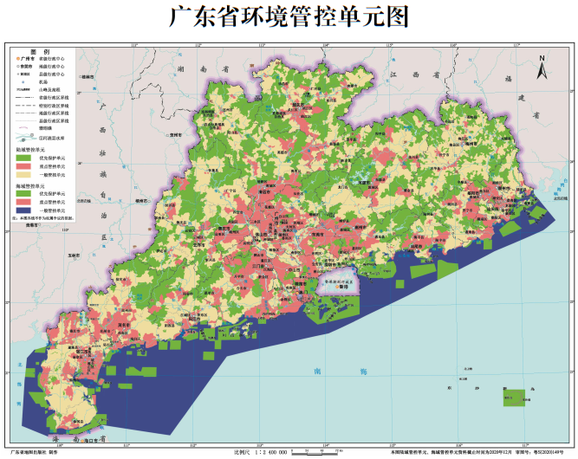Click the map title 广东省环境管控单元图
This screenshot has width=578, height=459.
pos(289,17)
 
